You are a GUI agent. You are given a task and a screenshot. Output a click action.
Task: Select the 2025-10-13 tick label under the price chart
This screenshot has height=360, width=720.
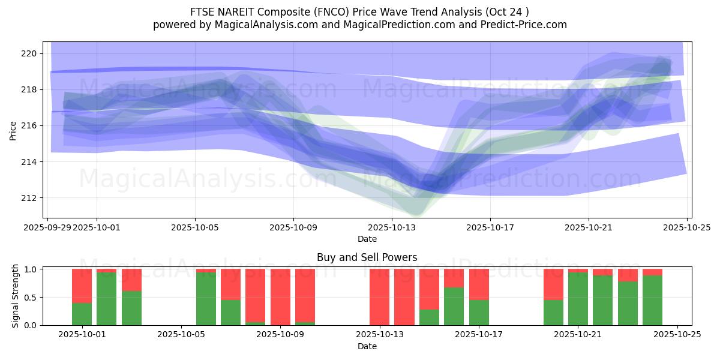click(x=392, y=227)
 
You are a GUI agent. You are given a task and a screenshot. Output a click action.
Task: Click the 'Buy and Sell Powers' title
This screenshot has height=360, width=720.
click(x=367, y=257)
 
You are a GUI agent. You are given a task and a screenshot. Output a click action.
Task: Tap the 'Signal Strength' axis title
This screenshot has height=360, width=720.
click(x=16, y=296)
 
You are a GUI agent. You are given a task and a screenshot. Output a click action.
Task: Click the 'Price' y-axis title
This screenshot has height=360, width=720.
click(x=13, y=130)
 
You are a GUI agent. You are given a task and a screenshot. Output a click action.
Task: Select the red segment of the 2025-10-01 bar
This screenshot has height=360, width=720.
click(x=82, y=286)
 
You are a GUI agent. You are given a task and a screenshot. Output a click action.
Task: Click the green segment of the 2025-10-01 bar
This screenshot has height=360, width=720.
click(x=82, y=314)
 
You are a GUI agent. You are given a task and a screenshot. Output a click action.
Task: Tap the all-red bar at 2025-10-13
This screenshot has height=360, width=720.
click(x=379, y=297)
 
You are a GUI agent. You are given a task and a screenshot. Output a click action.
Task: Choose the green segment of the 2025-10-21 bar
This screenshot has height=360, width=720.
click(x=578, y=299)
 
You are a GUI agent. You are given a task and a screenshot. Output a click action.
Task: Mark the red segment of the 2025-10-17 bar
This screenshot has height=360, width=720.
click(x=479, y=284)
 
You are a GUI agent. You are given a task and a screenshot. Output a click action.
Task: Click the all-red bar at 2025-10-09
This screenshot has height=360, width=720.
click(x=280, y=297)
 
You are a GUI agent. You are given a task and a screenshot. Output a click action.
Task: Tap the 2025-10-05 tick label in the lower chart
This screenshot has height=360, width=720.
click(x=181, y=335)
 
